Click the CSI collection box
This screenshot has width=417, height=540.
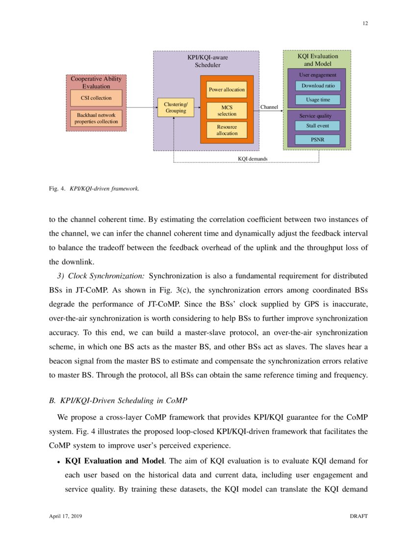click(x=96, y=98)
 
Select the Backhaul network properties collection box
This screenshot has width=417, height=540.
click(x=96, y=118)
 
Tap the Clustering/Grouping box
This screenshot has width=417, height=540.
click(x=176, y=108)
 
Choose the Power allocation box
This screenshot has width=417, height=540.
click(x=227, y=90)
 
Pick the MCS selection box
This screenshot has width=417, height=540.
click(x=227, y=110)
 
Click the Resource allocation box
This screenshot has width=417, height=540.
click(x=227, y=130)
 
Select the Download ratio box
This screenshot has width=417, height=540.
click(x=318, y=86)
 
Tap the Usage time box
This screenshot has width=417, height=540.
click(x=318, y=100)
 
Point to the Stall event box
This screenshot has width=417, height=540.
click(x=317, y=126)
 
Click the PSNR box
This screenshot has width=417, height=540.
click(x=317, y=139)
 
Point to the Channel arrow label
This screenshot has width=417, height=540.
click(x=269, y=107)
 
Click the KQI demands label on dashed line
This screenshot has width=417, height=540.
click(x=253, y=159)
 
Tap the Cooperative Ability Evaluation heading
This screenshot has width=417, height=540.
click(x=96, y=82)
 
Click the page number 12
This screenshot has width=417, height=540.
click(x=365, y=23)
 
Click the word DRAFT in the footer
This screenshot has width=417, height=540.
click(x=359, y=516)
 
